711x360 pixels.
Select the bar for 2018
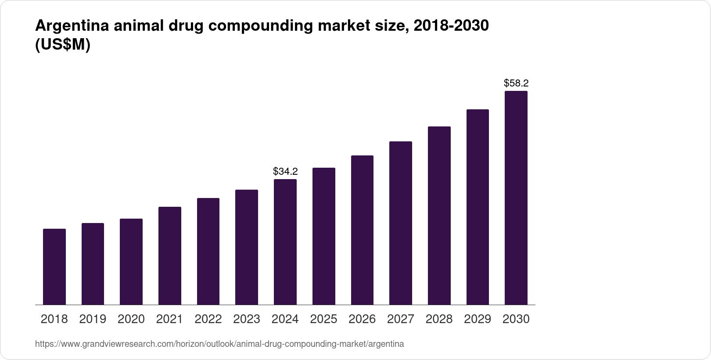point(54,266)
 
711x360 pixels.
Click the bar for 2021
point(169,256)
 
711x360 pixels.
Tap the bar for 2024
point(285,242)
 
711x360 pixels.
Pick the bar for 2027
point(400,223)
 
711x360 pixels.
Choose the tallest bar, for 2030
point(516,198)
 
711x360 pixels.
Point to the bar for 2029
point(478,207)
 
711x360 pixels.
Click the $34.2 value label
point(285,171)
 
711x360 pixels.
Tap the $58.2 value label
point(516,83)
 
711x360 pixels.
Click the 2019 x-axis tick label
point(93,319)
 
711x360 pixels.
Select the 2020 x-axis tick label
point(131,319)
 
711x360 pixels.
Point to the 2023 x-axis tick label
point(247,319)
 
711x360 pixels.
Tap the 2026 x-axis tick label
point(362,319)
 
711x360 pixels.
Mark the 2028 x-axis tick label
point(439,319)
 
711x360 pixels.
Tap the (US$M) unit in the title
point(62,45)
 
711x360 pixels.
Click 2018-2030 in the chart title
point(451,26)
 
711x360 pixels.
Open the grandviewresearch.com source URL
point(219,344)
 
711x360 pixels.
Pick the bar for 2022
point(208,251)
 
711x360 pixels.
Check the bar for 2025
point(323,236)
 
